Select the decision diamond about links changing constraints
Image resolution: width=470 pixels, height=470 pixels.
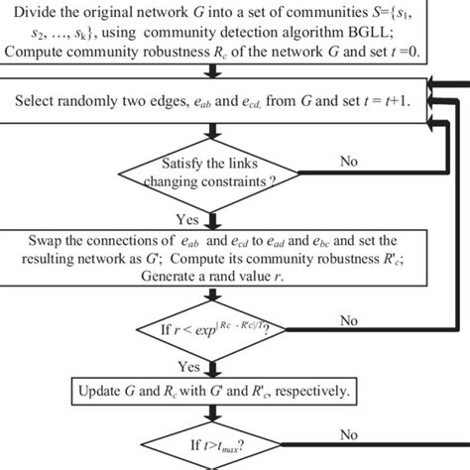pos(212,175)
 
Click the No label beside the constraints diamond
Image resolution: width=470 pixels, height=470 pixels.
pos(350,160)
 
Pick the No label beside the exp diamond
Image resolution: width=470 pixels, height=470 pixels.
pos(350,320)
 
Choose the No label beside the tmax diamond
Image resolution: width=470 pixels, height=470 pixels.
pos(350,433)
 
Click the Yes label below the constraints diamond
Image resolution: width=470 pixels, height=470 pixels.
pos(186,220)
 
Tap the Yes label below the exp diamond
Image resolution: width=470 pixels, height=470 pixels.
pos(186,366)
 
